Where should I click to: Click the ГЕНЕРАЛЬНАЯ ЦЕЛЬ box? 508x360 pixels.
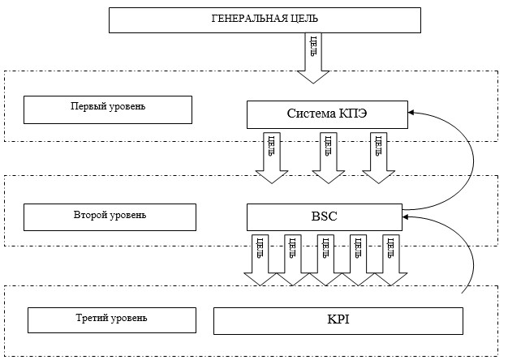click(x=265, y=20)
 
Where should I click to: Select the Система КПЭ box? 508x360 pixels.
click(x=327, y=114)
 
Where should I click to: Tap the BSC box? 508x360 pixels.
click(x=325, y=217)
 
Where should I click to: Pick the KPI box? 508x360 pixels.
click(x=338, y=321)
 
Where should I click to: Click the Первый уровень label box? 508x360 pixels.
click(x=108, y=109)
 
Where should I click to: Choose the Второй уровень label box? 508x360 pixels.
click(x=110, y=217)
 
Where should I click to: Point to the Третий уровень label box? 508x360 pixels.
click(x=112, y=319)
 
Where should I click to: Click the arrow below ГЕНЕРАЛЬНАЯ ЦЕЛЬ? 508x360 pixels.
click(x=313, y=58)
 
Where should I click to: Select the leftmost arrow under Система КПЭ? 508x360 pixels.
click(x=272, y=157)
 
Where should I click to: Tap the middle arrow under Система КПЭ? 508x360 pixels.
click(x=328, y=157)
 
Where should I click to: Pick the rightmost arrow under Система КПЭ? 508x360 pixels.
click(x=378, y=157)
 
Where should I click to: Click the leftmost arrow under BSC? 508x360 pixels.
click(x=260, y=260)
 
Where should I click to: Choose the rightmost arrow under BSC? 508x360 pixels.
click(x=390, y=260)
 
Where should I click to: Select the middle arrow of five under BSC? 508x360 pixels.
click(x=325, y=260)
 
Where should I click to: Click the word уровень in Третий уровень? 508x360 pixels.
click(x=128, y=318)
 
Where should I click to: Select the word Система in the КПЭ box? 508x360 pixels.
click(x=312, y=114)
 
